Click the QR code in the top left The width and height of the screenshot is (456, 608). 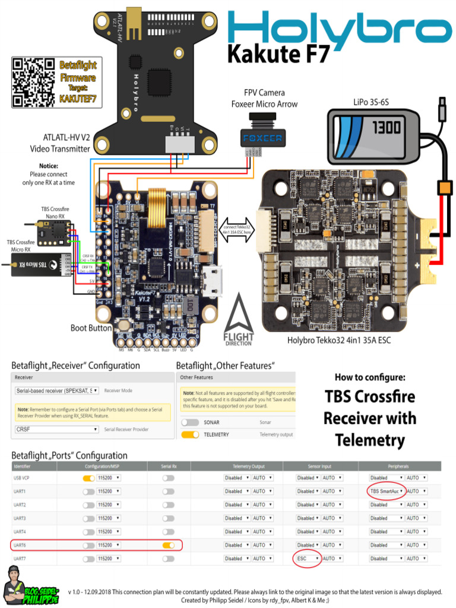[x=33, y=83]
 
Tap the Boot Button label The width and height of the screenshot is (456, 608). [x=91, y=328]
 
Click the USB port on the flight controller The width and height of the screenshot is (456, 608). [x=213, y=281]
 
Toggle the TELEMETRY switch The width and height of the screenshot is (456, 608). [x=190, y=435]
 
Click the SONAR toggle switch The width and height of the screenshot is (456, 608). [x=190, y=422]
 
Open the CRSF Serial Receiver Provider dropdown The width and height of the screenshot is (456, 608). [x=56, y=429]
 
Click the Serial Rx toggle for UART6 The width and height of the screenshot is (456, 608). [x=169, y=545]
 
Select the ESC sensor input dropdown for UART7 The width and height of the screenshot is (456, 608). [x=308, y=559]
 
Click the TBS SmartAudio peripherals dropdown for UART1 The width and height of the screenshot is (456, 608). [x=387, y=492]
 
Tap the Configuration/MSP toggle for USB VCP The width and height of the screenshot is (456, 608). [x=88, y=478]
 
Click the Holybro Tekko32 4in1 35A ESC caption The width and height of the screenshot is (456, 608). [x=339, y=340]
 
